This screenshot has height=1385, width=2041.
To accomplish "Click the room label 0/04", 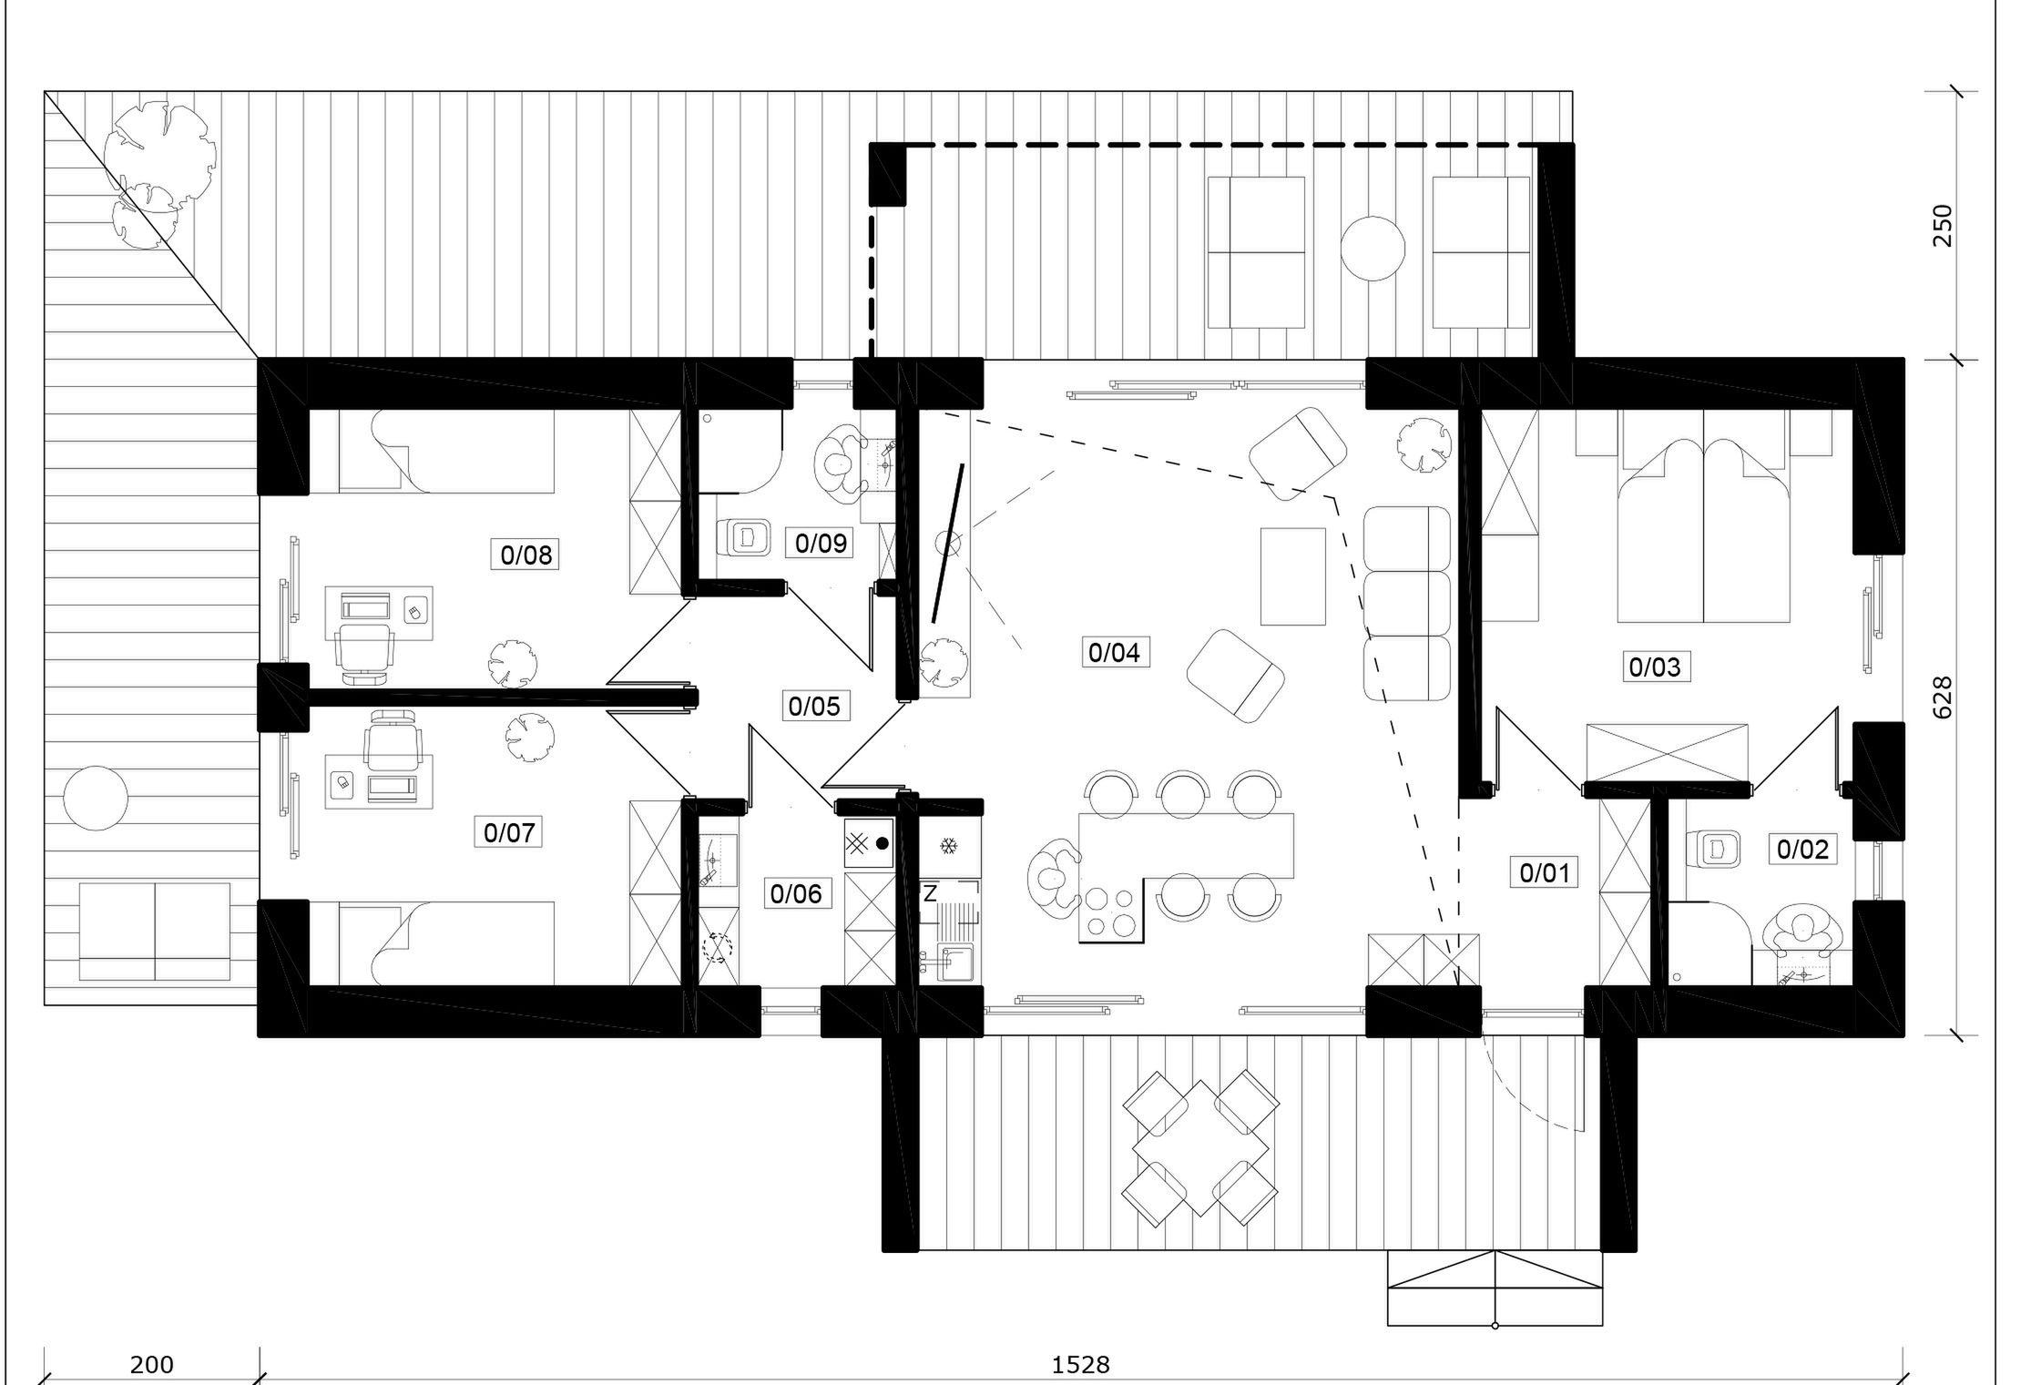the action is click(1114, 652).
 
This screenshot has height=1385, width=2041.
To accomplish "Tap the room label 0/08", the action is click(526, 555).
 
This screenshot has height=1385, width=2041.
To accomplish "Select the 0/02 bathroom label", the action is click(1802, 849).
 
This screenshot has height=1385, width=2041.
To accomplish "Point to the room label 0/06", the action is click(796, 893).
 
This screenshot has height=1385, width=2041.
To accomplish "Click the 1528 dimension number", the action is click(1081, 1364).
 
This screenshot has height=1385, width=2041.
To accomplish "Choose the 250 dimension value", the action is click(1942, 225).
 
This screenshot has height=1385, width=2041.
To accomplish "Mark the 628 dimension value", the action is click(1942, 698).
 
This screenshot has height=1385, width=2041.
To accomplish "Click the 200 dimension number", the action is click(152, 1364).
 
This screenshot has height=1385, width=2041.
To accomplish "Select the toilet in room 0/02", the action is click(1712, 849).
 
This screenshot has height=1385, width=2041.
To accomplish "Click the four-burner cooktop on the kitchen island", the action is click(1111, 912).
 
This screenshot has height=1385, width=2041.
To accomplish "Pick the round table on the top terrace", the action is click(1373, 248).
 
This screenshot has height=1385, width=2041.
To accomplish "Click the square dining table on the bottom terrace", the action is click(1201, 1148).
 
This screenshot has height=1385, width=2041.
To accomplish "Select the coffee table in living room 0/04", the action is click(1292, 576).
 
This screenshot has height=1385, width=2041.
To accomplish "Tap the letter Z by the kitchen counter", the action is click(930, 894).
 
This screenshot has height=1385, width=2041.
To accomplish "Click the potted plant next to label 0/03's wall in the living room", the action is click(1424, 443).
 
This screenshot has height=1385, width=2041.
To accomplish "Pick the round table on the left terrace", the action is click(96, 798).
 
